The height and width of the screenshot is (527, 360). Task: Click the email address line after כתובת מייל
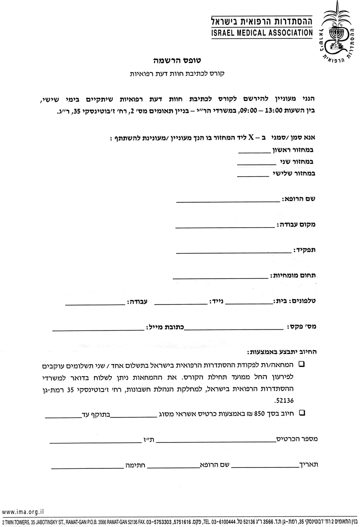tap(98, 330)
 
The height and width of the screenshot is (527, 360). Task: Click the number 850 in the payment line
tap(259, 413)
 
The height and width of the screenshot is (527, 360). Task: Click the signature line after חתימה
tap(87, 467)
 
